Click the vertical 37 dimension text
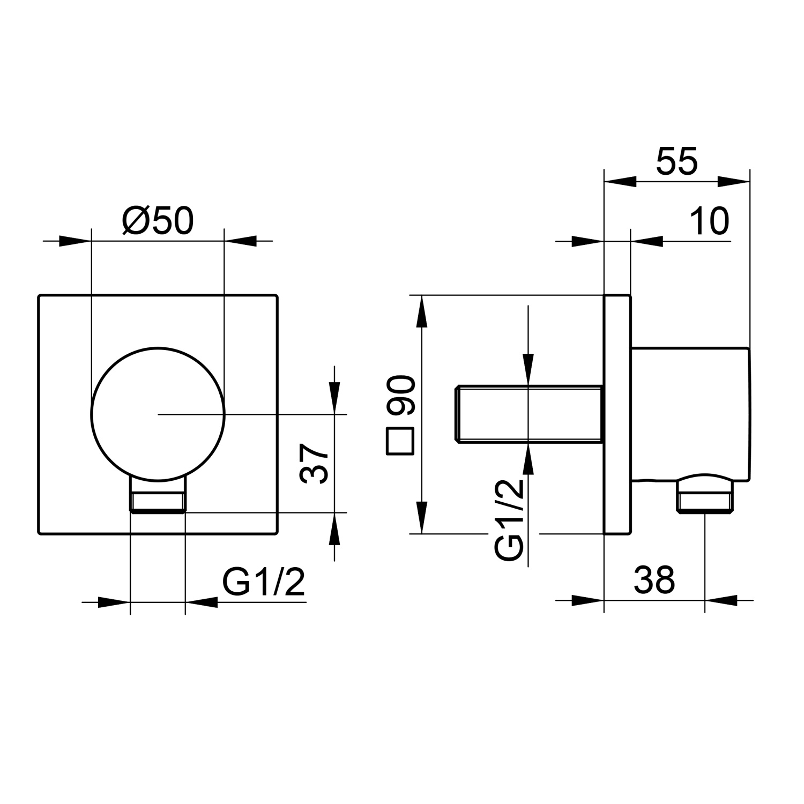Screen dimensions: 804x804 315,464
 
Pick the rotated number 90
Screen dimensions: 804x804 401,396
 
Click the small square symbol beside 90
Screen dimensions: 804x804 400,442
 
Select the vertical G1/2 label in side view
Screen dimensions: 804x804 509,519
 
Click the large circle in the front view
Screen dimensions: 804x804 158,414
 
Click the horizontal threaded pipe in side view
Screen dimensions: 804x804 528,414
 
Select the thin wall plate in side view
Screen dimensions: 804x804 617,414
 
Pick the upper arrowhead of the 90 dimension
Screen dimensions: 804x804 422,311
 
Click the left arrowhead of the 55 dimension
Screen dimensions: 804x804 620,182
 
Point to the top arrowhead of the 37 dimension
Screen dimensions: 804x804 335,399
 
